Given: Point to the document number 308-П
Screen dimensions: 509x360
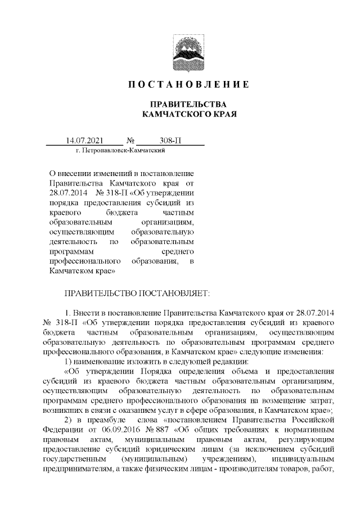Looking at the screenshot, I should tap(170, 140).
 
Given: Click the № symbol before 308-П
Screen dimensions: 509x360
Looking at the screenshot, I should tap(130, 140).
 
